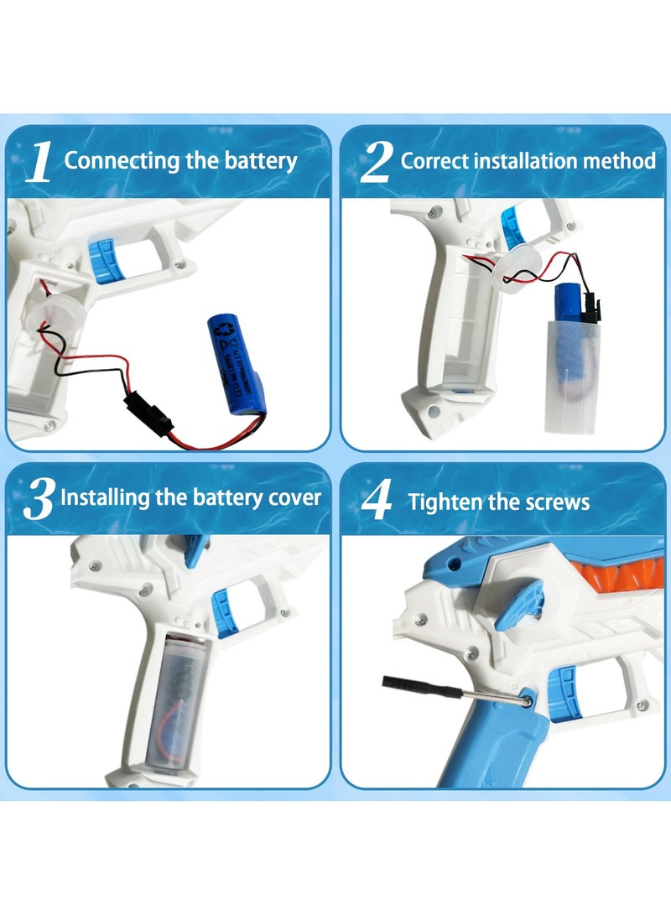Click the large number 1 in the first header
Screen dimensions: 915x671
(39, 162)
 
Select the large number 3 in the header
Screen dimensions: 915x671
(39, 500)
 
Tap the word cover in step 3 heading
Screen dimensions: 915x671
(293, 496)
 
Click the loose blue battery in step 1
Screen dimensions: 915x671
(236, 365)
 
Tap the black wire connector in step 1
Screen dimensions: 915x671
(139, 412)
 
